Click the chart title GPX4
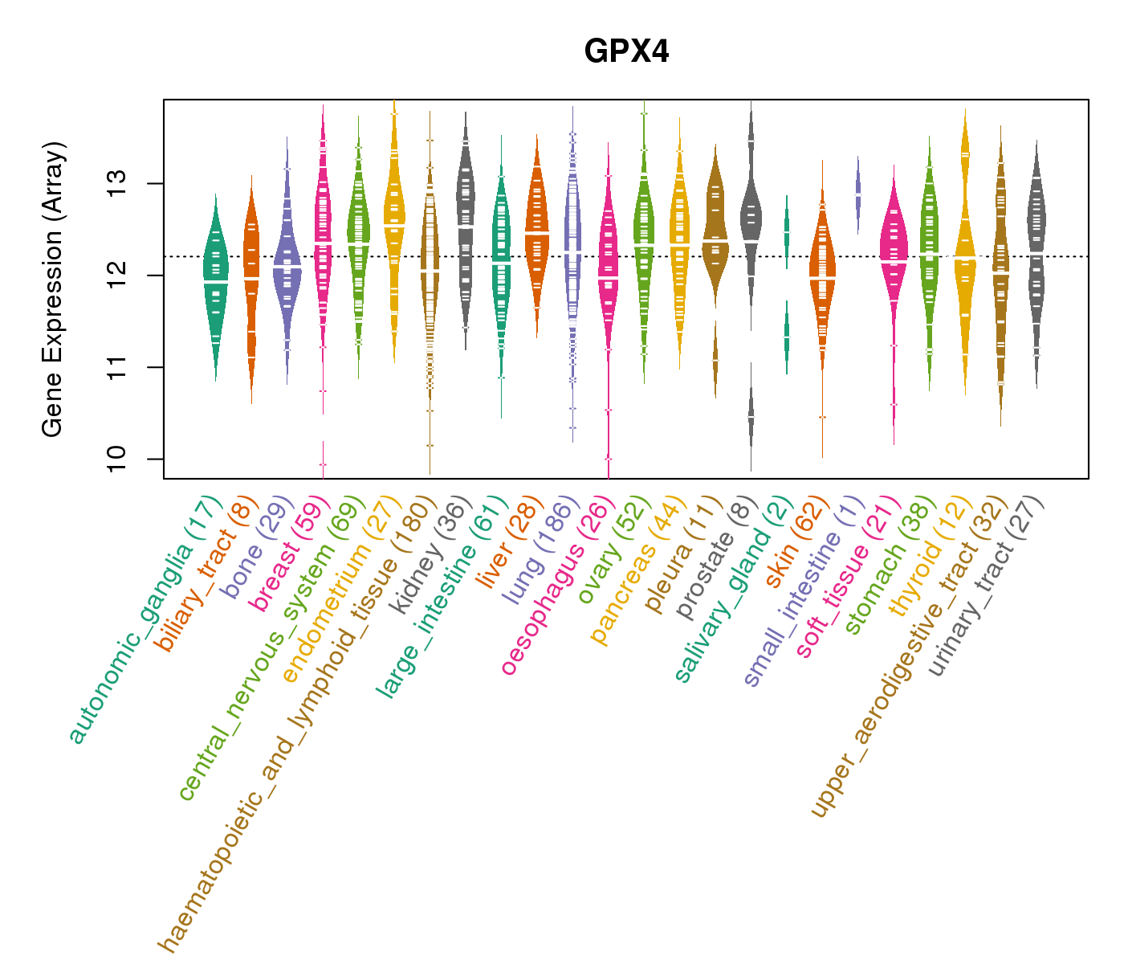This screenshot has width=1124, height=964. tap(626, 52)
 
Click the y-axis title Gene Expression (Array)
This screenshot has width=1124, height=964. tap(53, 289)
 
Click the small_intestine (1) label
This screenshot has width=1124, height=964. tap(805, 594)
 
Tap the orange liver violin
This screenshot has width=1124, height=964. tap(536, 233)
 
